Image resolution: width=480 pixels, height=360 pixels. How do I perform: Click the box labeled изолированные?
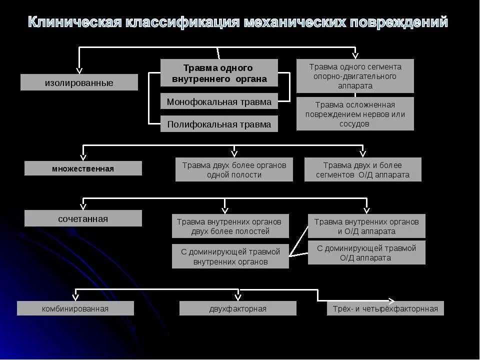pyautogui.click(x=79, y=82)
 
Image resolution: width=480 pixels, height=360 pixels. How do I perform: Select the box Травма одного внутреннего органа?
pyautogui.click(x=219, y=73)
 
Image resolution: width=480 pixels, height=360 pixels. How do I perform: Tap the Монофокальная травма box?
pyautogui.click(x=219, y=101)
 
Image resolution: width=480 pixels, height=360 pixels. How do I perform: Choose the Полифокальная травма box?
pyautogui.click(x=219, y=124)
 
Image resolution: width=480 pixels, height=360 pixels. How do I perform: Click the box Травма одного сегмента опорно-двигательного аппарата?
pyautogui.click(x=355, y=76)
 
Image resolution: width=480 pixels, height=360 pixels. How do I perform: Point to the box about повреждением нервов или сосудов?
pyautogui.click(x=355, y=114)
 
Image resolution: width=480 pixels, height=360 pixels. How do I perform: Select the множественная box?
pyautogui.click(x=83, y=168)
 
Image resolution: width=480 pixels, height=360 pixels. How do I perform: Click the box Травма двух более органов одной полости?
pyautogui.click(x=234, y=169)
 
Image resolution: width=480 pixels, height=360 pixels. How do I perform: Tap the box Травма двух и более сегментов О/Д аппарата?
pyautogui.click(x=362, y=169)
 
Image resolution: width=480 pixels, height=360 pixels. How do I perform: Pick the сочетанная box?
pyautogui.click(x=83, y=218)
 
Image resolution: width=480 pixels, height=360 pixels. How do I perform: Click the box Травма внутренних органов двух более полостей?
pyautogui.click(x=230, y=226)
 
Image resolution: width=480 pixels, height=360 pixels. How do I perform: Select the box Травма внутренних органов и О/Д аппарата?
pyautogui.click(x=366, y=226)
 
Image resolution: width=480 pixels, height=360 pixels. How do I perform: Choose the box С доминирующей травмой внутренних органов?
pyautogui.click(x=230, y=256)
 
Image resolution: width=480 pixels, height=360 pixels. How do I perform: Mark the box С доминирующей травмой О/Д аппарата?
pyautogui.click(x=366, y=252)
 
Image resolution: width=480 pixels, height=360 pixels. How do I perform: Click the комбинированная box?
pyautogui.click(x=75, y=308)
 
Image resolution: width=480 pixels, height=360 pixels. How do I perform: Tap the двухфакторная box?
pyautogui.click(x=237, y=308)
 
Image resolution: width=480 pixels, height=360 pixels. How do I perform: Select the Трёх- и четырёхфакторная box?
pyautogui.click(x=385, y=308)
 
